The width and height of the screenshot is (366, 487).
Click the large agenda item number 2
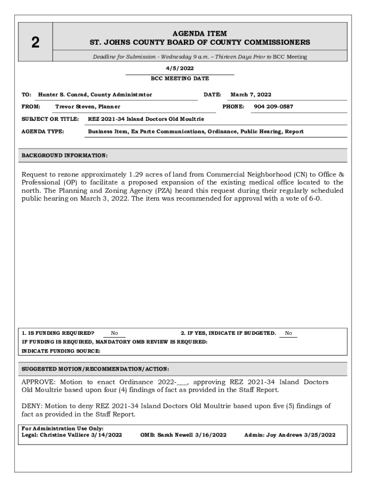[35, 43]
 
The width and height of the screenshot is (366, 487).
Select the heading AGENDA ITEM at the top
[200, 34]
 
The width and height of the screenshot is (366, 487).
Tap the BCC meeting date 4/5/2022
[180, 68]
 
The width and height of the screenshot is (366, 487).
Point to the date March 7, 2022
[250, 95]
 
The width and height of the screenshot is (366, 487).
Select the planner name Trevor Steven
[75, 107]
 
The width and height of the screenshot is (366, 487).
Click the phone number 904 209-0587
[273, 107]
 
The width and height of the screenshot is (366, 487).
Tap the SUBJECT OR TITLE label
[50, 118]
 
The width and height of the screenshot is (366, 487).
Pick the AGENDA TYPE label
[43, 131]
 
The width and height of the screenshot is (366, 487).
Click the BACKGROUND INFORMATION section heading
[65, 156]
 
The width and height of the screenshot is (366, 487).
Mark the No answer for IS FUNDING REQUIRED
[115, 333]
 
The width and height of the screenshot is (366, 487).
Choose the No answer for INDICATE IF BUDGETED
[288, 333]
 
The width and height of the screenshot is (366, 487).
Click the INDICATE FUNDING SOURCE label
[61, 351]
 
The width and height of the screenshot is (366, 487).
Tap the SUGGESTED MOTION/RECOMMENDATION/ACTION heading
[96, 369]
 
